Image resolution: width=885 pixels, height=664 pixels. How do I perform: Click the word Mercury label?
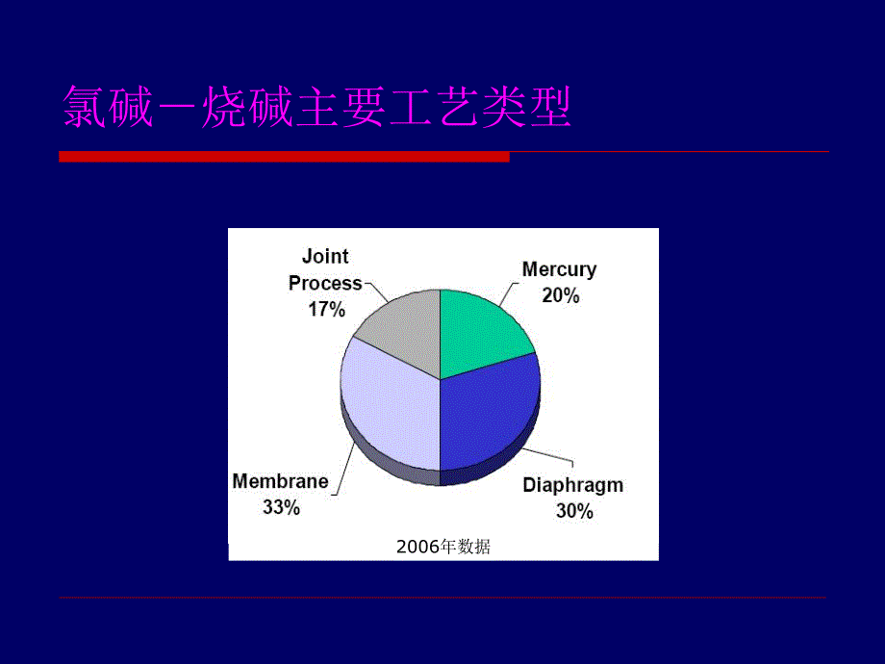click(559, 269)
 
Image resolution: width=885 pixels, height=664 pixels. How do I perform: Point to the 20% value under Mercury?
click(560, 295)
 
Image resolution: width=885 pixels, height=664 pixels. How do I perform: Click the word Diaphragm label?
click(572, 484)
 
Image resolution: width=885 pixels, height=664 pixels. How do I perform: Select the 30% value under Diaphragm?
click(574, 511)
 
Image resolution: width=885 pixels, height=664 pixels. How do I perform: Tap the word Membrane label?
click(280, 481)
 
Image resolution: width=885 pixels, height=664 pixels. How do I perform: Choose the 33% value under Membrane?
click(281, 507)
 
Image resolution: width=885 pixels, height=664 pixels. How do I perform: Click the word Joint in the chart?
click(325, 256)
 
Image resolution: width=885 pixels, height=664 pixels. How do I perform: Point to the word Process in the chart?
click(325, 283)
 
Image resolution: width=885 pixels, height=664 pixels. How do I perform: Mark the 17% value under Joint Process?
click(326, 309)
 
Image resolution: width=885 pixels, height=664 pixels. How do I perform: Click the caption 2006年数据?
click(442, 548)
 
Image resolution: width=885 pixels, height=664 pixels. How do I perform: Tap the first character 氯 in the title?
click(84, 107)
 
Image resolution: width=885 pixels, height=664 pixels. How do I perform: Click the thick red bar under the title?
click(284, 156)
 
